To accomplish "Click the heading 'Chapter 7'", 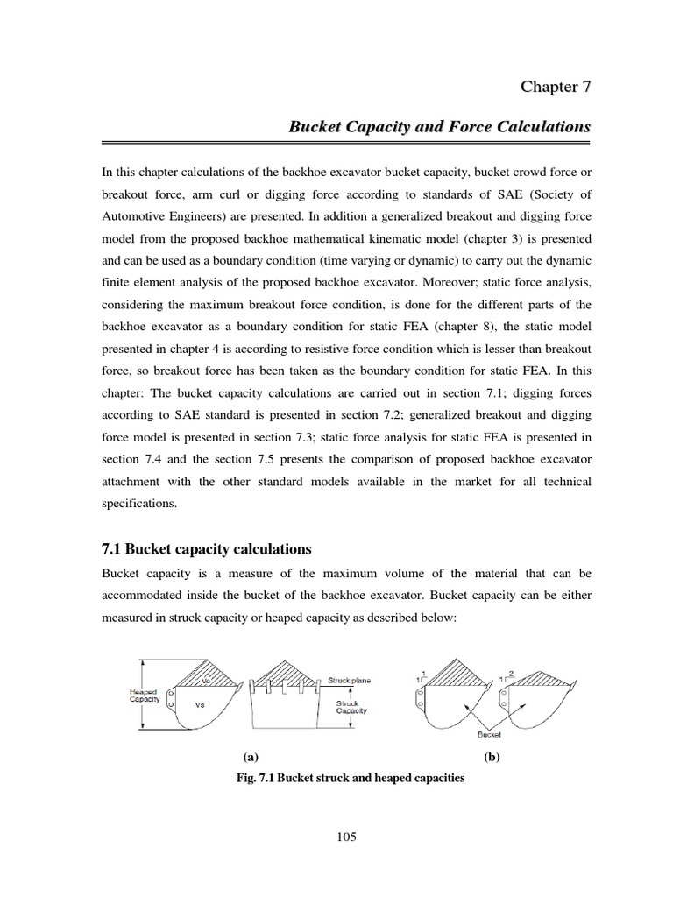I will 556,86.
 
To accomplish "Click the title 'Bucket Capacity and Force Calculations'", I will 439,127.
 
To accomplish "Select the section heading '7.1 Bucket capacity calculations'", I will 207,549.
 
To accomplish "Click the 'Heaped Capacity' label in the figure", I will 144,695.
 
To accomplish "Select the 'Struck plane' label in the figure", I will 349,680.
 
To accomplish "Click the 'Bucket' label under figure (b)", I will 489,736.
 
